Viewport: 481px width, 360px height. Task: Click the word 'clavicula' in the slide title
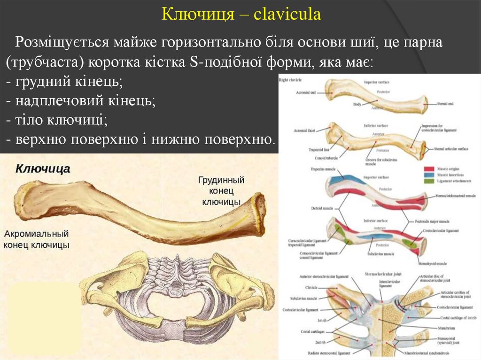point(287,14)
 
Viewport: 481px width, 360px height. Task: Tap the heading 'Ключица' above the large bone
point(43,169)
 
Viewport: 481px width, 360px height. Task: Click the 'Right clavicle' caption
point(290,81)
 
